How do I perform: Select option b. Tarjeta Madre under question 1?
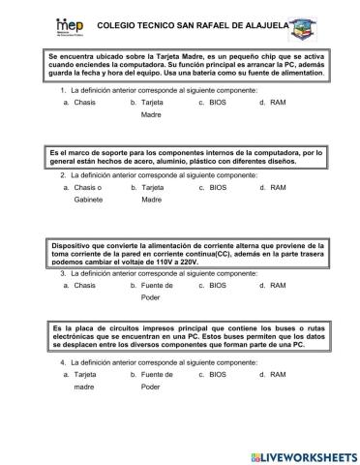pyautogui.click(x=152, y=108)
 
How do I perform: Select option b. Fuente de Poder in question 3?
pyautogui.click(x=157, y=292)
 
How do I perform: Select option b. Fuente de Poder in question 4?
pyautogui.click(x=157, y=380)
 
